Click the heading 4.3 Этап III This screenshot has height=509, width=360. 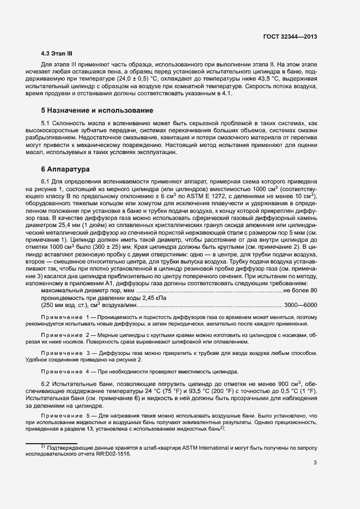pyautogui.click(x=57, y=53)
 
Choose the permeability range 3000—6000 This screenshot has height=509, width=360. pyautogui.click(x=301, y=305)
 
